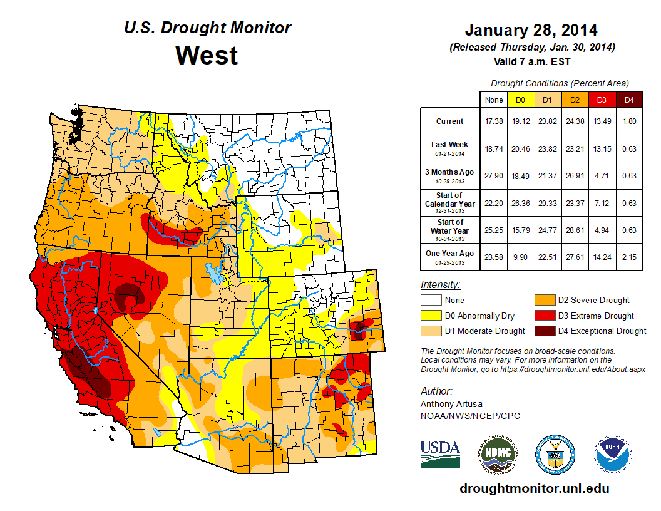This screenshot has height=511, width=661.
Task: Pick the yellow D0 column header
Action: point(520,100)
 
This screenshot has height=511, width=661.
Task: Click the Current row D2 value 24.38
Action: point(574,121)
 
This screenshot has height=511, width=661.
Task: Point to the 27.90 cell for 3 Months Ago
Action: point(493,176)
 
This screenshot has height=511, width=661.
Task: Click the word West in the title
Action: point(207,55)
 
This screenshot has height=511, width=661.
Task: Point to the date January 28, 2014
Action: point(531,30)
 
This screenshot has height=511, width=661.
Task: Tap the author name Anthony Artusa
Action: point(452,404)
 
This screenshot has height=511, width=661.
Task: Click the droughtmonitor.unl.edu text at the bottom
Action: point(534,488)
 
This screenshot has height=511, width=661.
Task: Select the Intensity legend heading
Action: point(440,285)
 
